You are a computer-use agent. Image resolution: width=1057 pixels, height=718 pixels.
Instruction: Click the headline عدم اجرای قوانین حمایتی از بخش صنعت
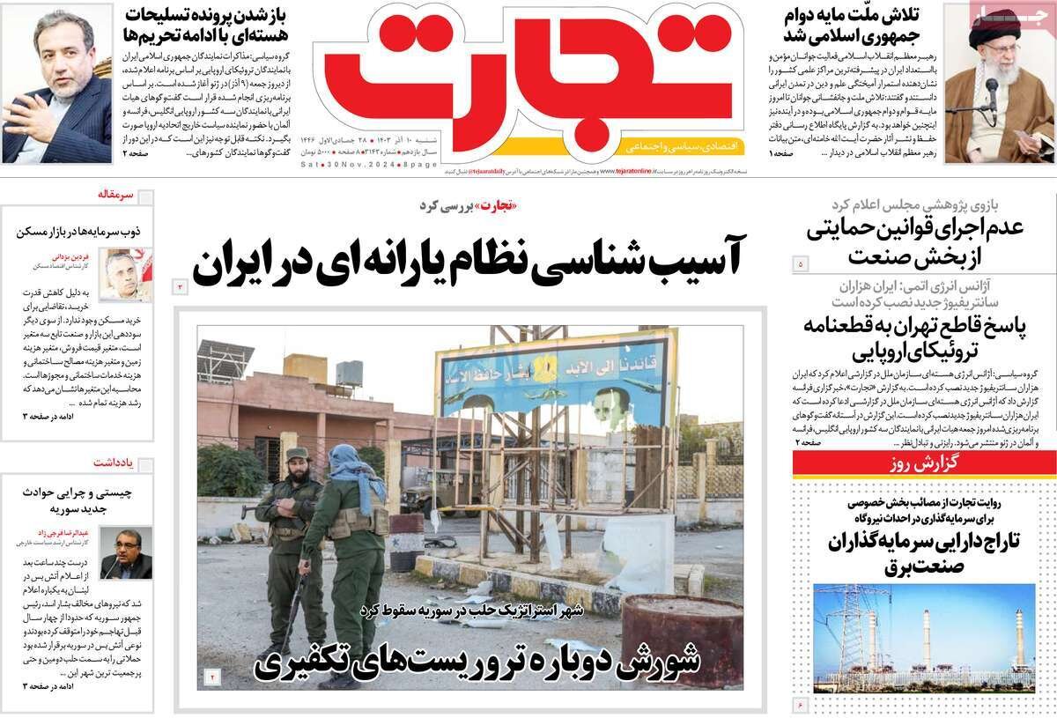[916, 240]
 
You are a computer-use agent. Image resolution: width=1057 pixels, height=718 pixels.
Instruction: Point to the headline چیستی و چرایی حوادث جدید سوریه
[78, 500]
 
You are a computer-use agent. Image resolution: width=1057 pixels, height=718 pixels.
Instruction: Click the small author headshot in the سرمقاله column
[124, 274]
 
